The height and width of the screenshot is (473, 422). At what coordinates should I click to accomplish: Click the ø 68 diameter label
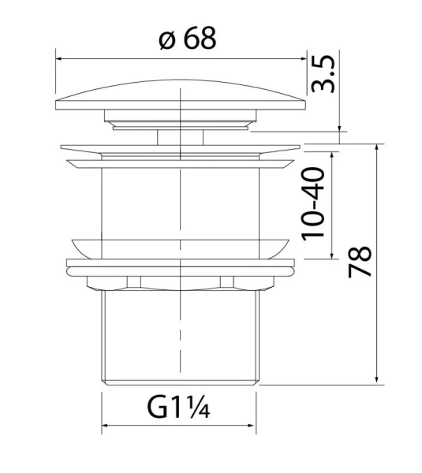tap(186, 39)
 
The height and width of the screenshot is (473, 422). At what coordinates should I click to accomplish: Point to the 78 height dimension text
tap(360, 263)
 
